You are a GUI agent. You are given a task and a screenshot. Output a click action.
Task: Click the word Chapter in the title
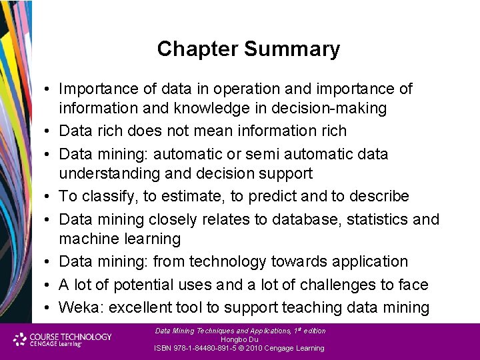coord(198,49)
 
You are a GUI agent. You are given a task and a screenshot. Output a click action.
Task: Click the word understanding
coord(109,173)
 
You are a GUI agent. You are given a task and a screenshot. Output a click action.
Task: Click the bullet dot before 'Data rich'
coord(49,131)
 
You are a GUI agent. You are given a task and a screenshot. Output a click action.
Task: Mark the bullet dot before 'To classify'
coord(49,197)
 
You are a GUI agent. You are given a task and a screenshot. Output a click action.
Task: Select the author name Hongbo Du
coord(239,339)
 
